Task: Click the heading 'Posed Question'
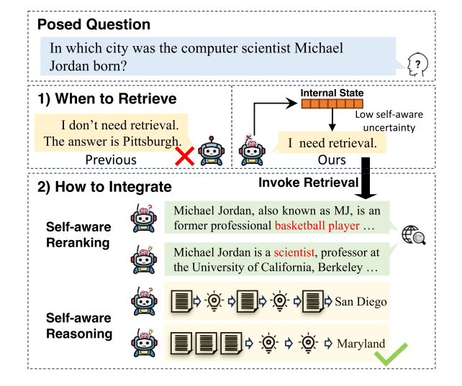(x=94, y=24)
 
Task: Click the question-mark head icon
(x=417, y=65)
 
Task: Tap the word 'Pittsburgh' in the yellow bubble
(x=151, y=142)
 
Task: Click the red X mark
(x=185, y=156)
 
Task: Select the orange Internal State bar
(x=332, y=104)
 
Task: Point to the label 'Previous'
(x=111, y=160)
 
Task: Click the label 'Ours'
(x=332, y=160)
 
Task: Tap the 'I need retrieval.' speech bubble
(x=332, y=143)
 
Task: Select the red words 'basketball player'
(x=317, y=226)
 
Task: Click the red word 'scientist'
(x=294, y=252)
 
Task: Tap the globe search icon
(x=414, y=235)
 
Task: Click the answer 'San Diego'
(x=361, y=302)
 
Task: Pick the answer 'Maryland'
(x=361, y=344)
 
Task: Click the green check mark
(x=391, y=354)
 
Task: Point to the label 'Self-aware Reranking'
(x=78, y=235)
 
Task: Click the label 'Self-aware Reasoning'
(x=79, y=326)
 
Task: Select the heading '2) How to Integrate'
(x=104, y=187)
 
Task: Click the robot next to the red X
(x=212, y=151)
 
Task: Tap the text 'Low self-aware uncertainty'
(x=389, y=121)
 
